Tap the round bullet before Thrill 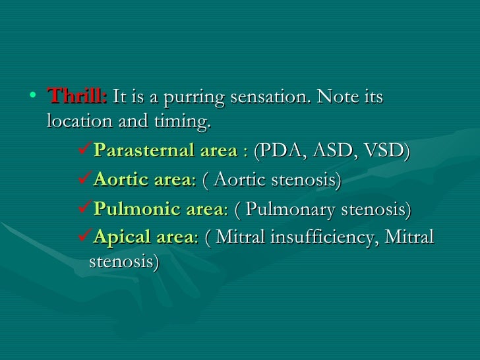(34, 97)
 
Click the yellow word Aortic (117, 180)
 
